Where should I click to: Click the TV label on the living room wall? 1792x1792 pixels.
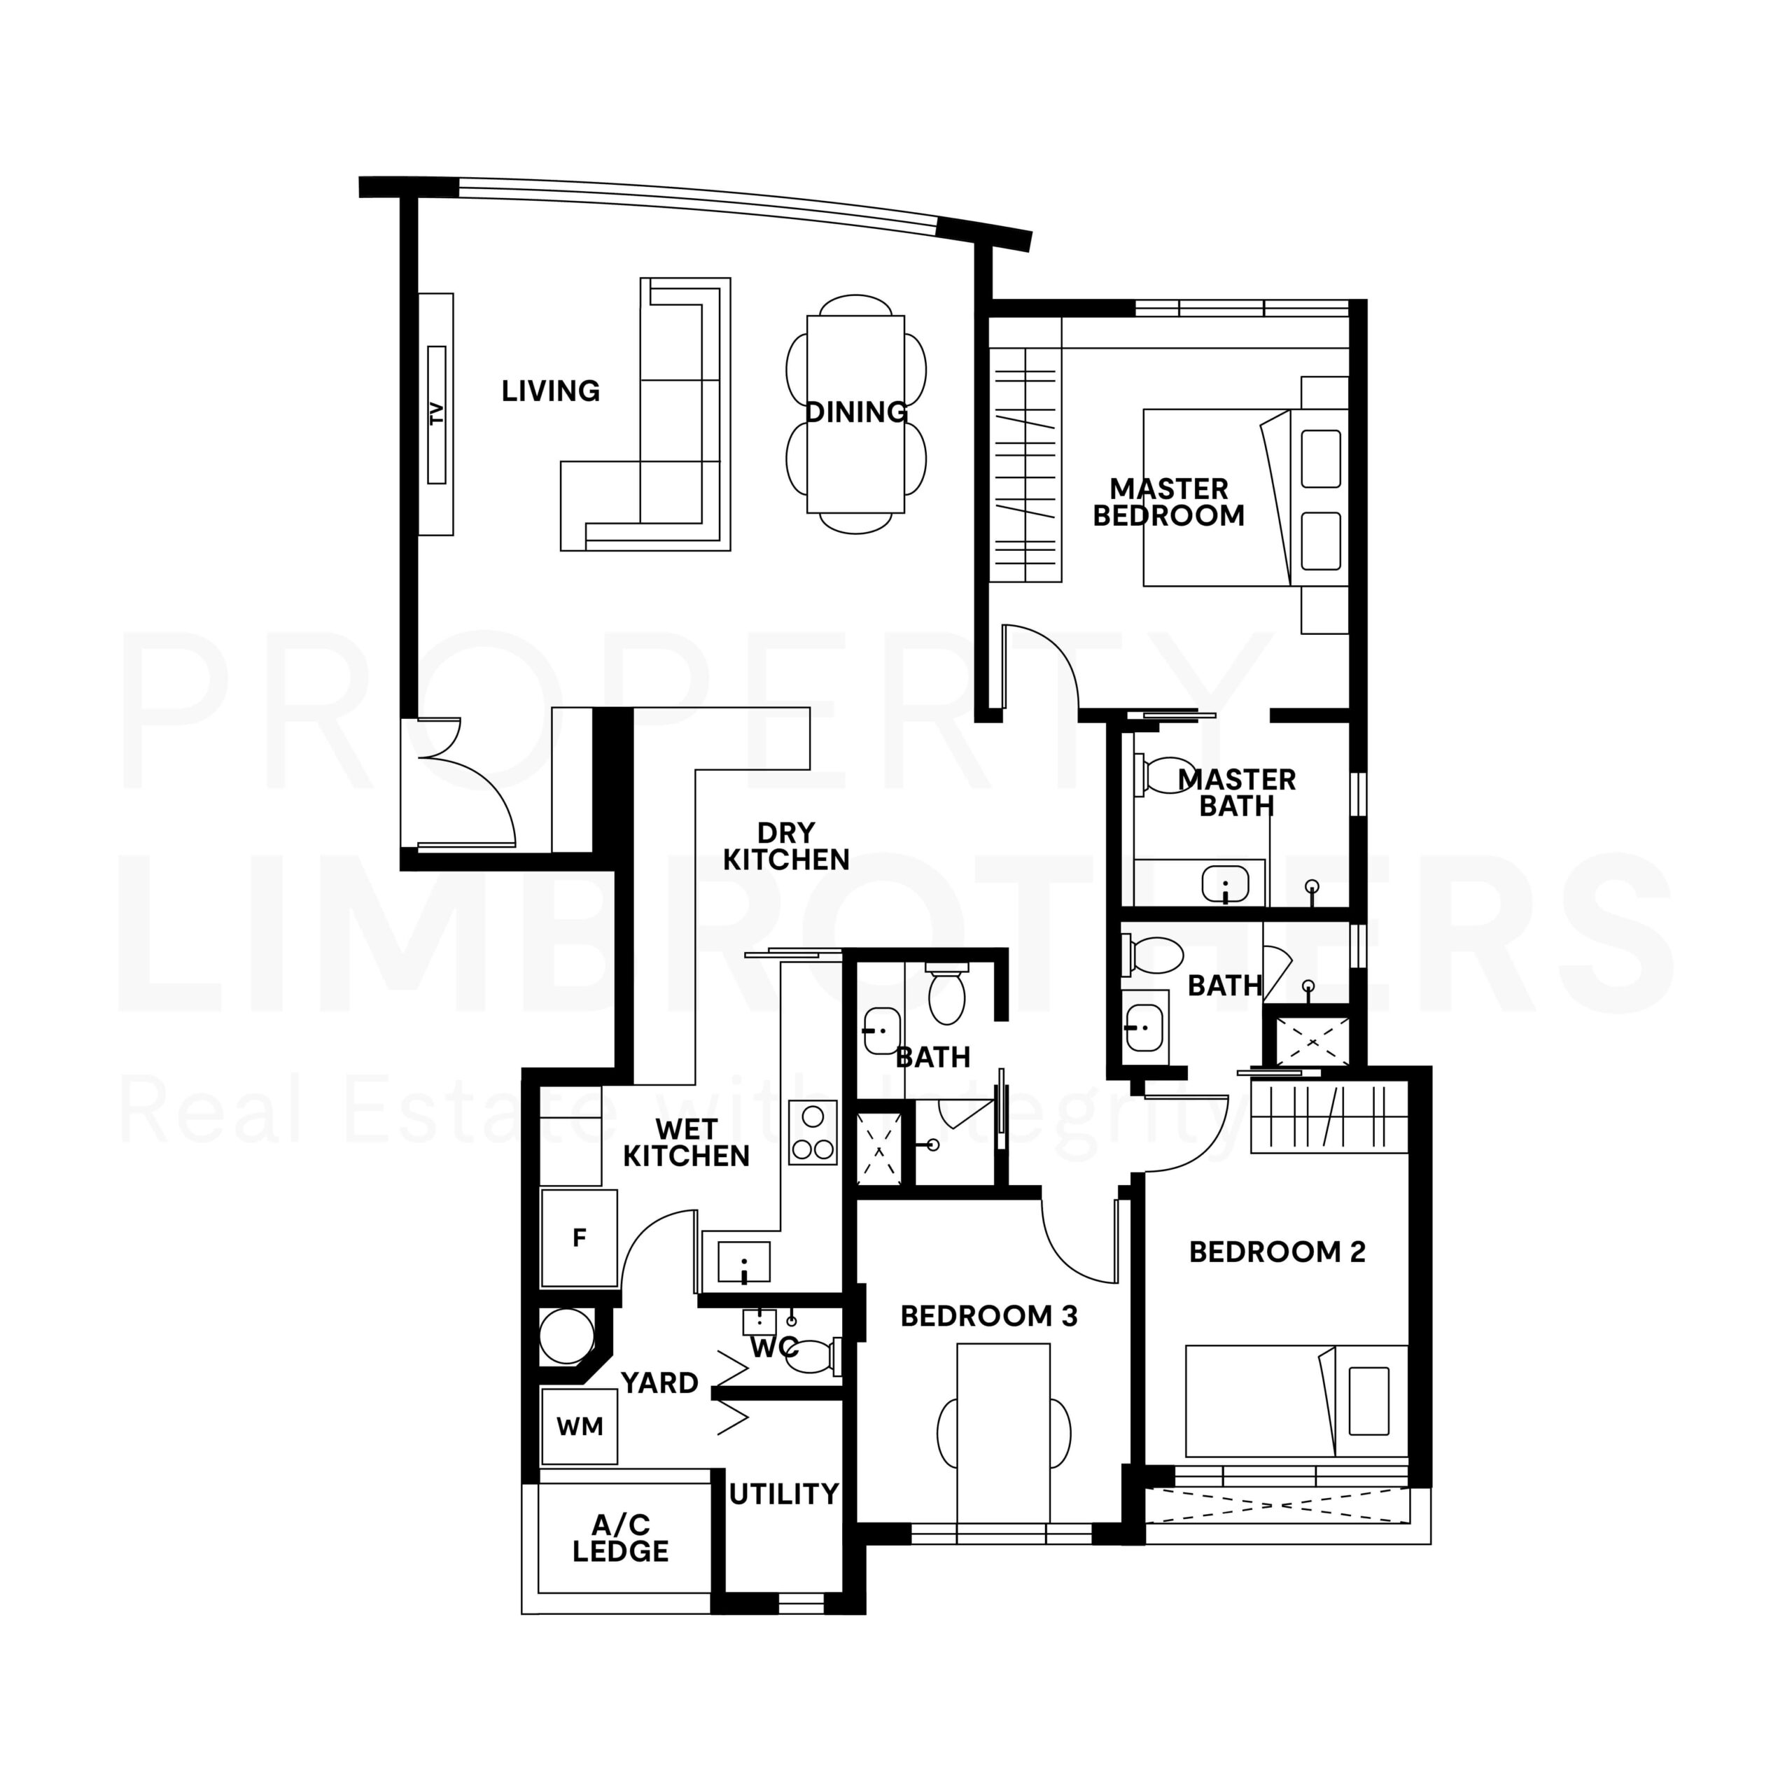click(x=437, y=413)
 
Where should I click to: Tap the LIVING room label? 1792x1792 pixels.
click(x=551, y=391)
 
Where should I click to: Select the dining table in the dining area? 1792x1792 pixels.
click(x=855, y=414)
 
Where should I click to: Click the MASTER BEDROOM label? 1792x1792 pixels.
click(x=1169, y=502)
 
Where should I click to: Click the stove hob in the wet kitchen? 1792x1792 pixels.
click(x=813, y=1133)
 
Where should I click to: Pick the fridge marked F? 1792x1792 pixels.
click(x=579, y=1238)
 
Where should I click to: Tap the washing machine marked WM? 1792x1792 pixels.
click(x=579, y=1427)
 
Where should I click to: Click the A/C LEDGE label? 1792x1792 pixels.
click(x=619, y=1538)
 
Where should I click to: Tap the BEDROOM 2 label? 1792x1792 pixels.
click(x=1277, y=1252)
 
